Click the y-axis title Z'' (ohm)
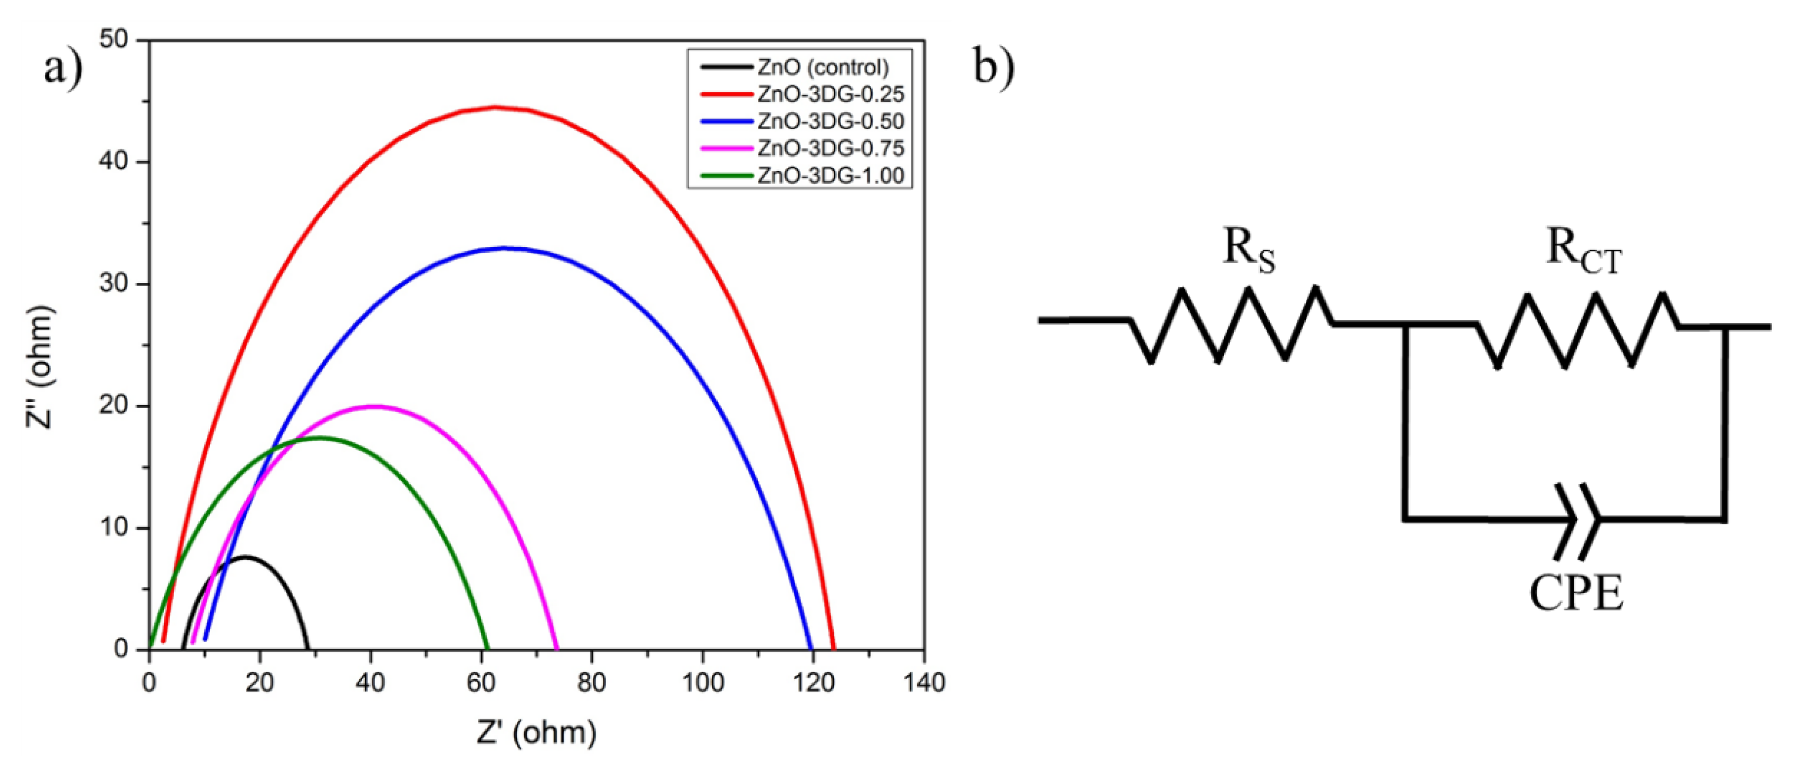(x=40, y=367)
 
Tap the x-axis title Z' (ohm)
(x=537, y=733)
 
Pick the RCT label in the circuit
(x=1582, y=250)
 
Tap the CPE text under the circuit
(x=1576, y=595)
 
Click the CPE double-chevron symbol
(x=1577, y=519)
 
